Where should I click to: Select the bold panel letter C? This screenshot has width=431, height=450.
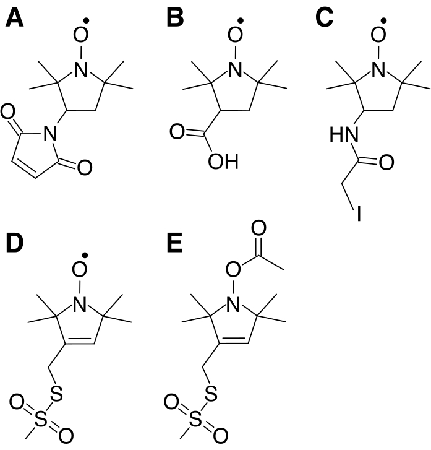(x=325, y=19)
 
